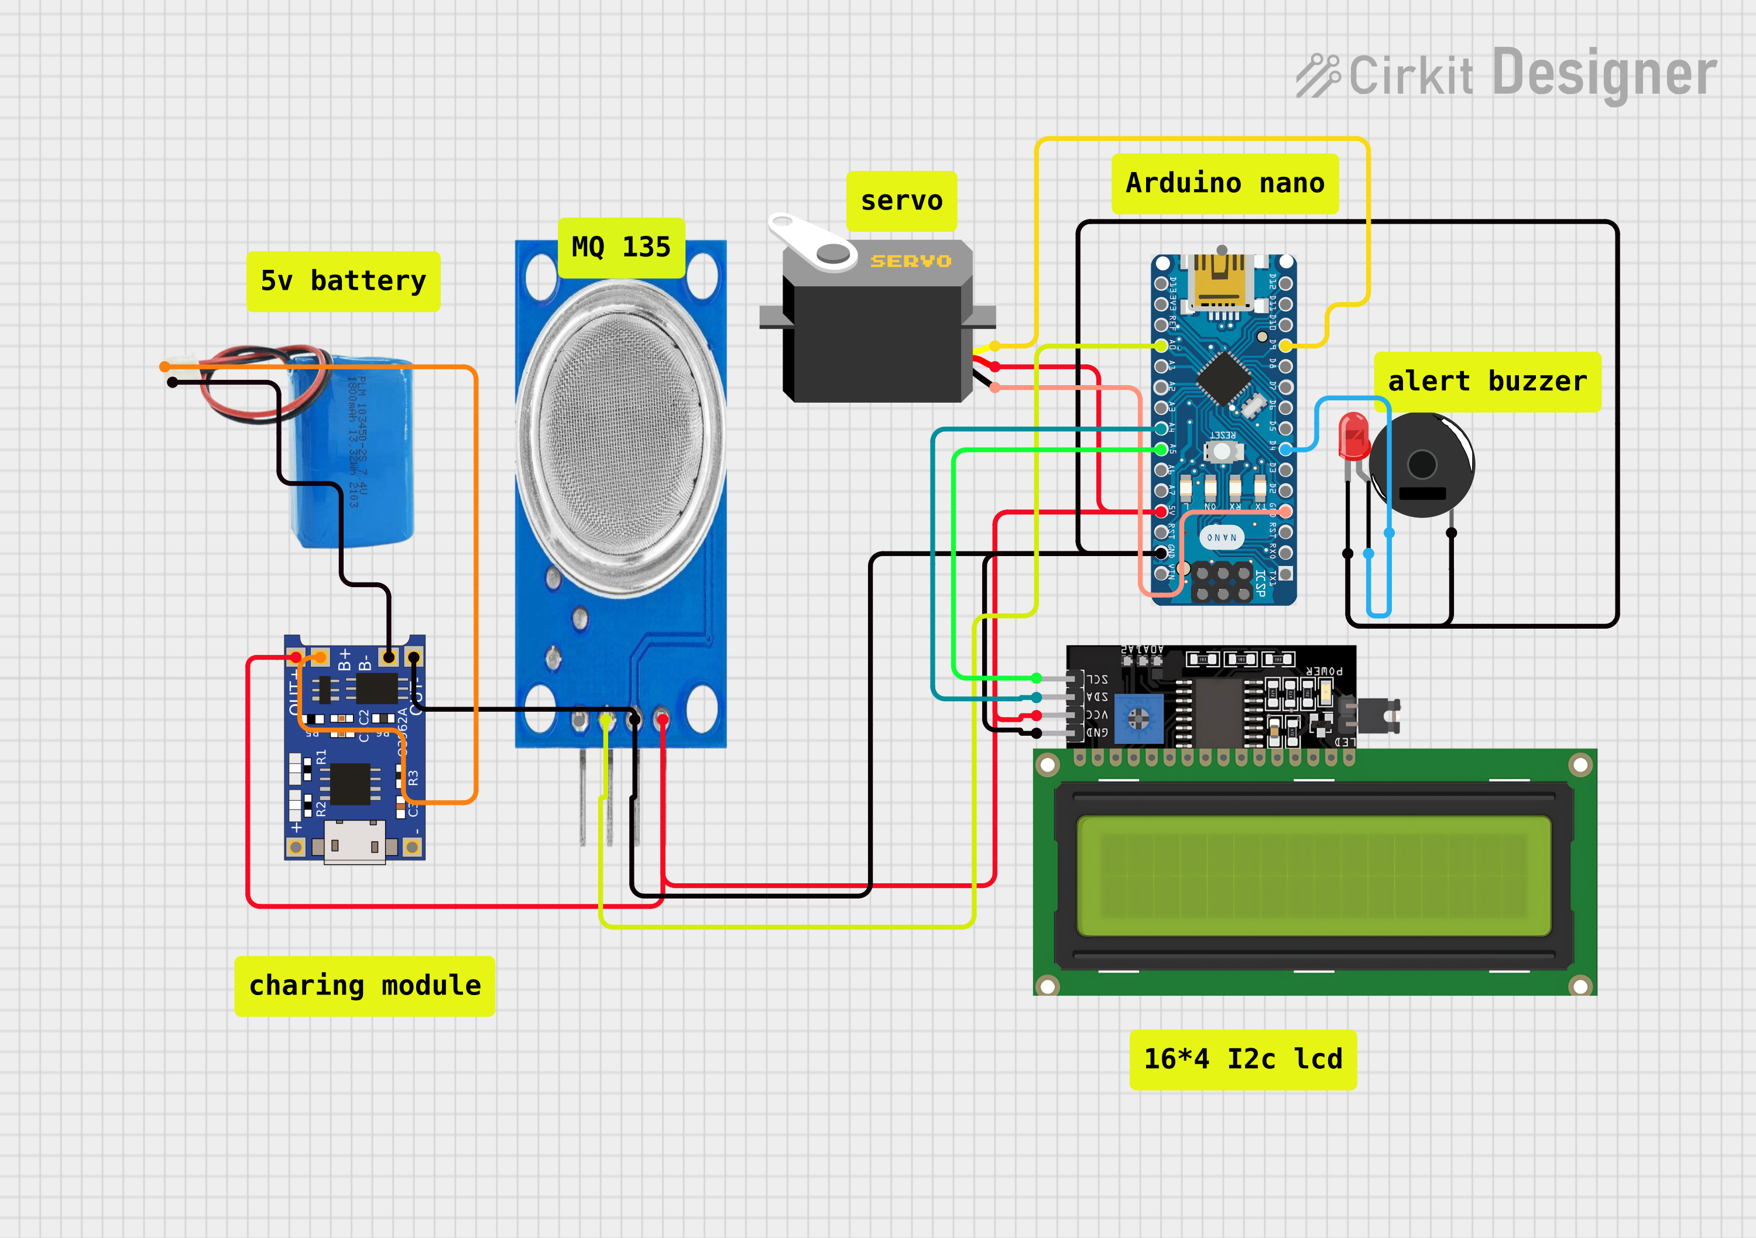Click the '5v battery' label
(x=342, y=282)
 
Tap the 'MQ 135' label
(x=620, y=248)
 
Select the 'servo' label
(x=901, y=201)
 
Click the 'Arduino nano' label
(x=1225, y=184)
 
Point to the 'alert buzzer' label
(x=1487, y=382)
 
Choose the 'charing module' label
(x=365, y=986)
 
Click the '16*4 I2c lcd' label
(x=1243, y=1059)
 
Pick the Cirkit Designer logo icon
(x=1318, y=75)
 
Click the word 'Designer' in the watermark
(x=1604, y=74)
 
